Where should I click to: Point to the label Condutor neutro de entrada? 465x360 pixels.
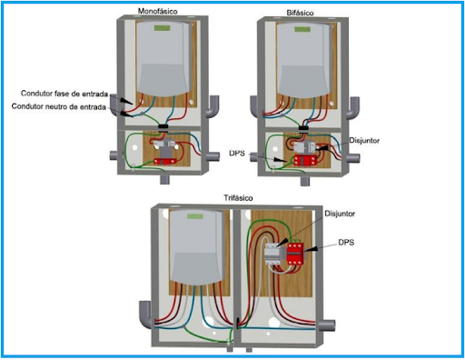pos(61,107)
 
